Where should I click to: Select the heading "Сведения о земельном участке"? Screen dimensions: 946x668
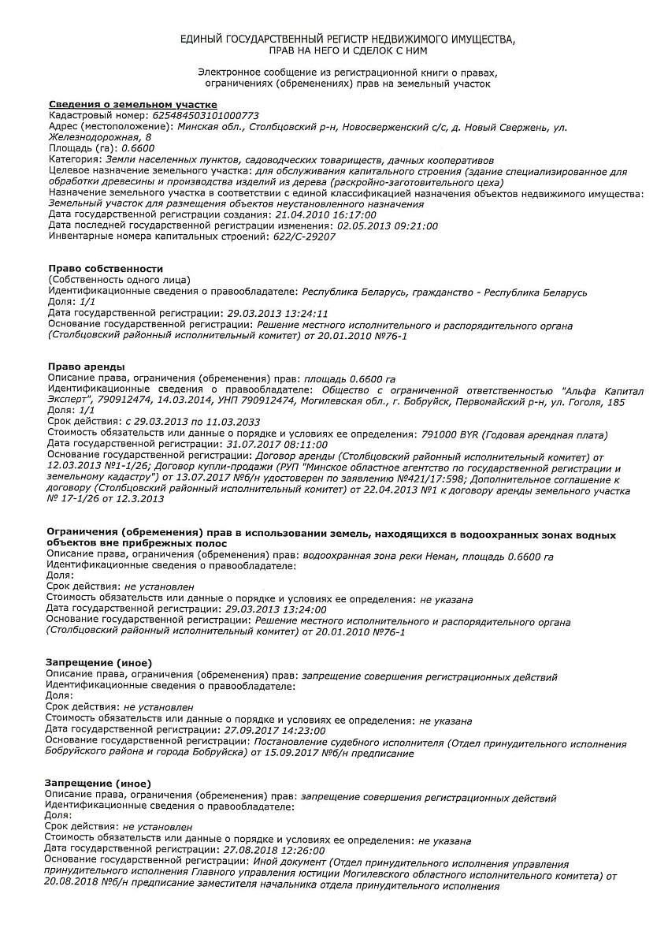point(133,105)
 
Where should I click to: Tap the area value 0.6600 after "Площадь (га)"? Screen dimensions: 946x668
point(139,148)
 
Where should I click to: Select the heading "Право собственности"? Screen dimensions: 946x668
point(106,269)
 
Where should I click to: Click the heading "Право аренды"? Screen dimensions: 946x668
point(86,367)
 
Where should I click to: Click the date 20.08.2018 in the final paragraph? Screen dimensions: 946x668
point(71,886)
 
